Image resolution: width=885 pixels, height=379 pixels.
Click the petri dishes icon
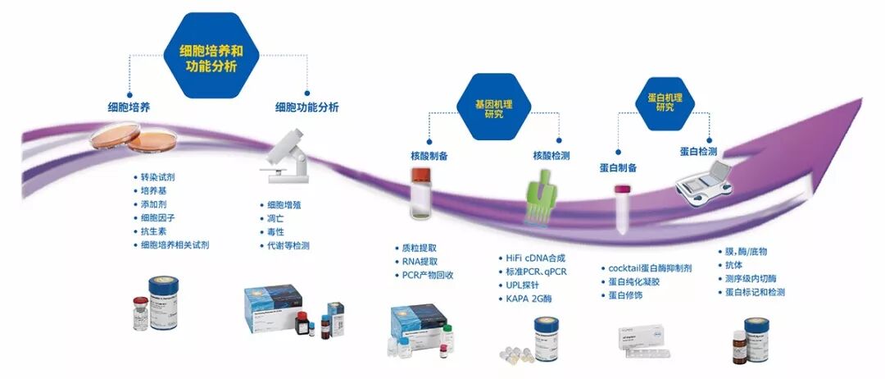tap(134, 140)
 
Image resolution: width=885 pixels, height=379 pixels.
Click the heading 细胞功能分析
tap(306, 107)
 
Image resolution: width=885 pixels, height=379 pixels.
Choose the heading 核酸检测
tap(551, 155)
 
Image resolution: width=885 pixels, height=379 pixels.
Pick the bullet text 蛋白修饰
tap(625, 295)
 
